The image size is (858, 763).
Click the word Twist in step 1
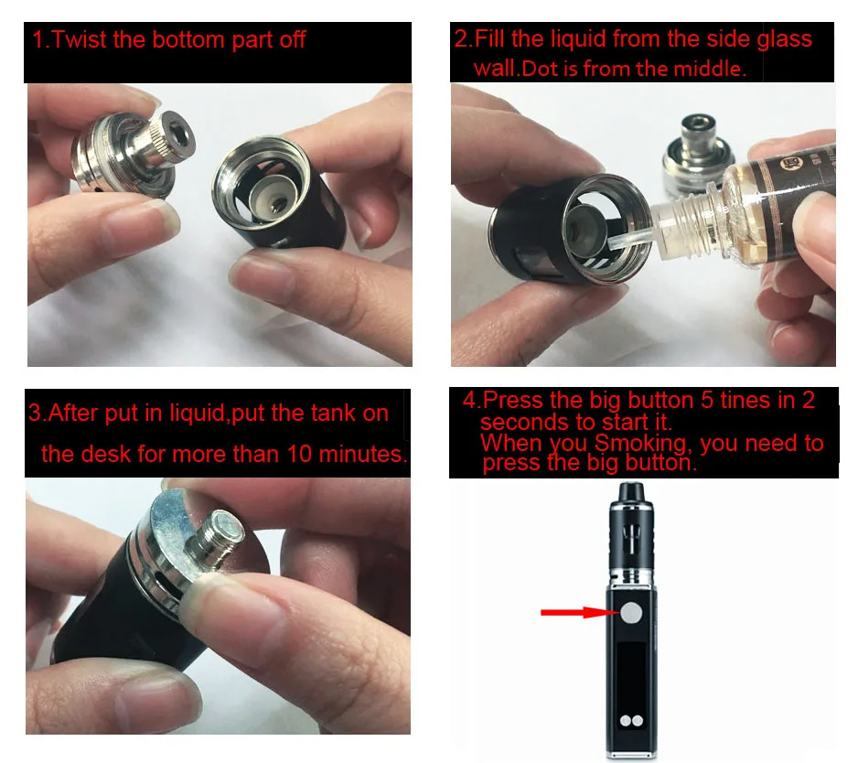click(80, 40)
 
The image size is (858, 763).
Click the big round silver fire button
click(631, 613)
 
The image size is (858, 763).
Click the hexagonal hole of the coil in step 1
click(181, 134)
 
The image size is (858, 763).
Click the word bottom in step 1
click(188, 40)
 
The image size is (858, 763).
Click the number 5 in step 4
click(707, 400)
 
